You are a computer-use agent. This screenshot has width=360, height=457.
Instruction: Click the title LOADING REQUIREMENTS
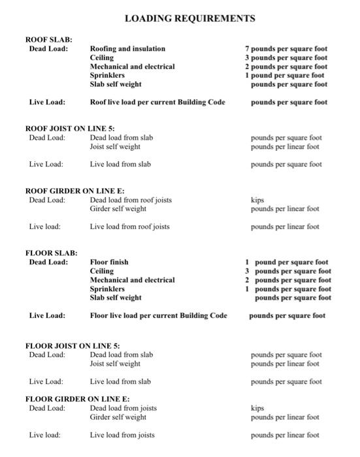pos(189,18)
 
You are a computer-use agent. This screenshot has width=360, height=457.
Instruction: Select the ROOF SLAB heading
pos(48,40)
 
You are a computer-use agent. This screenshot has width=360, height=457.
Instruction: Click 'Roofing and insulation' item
pos(127,49)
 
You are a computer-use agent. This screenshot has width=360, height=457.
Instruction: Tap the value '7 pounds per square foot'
pos(286,49)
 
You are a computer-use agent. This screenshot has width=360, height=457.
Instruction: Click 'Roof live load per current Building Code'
pos(157,102)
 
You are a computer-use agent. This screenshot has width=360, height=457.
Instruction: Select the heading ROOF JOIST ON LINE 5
pos(70,129)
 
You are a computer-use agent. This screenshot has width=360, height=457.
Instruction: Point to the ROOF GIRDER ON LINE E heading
pos(74,191)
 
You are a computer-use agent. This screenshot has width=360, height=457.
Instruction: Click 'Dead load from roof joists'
pos(131,200)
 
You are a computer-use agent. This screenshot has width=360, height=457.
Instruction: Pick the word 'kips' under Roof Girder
pos(257,200)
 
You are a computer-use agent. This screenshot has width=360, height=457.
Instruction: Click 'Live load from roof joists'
pos(130,227)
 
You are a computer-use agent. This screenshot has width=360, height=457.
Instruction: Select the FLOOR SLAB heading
pos(51,253)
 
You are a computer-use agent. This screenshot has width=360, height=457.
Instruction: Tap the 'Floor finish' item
pos(109,262)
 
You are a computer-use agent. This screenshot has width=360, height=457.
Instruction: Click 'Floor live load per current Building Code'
pos(159,316)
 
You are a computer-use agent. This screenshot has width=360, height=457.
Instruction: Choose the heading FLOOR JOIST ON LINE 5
pos(73,345)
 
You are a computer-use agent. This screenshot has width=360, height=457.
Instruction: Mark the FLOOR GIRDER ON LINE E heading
pos(77,399)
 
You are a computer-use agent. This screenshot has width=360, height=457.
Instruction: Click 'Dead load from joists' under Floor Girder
pos(123,408)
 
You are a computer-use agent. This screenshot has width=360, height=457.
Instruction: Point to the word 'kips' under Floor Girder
pos(257,408)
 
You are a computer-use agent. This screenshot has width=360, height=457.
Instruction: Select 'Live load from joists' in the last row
pos(123,435)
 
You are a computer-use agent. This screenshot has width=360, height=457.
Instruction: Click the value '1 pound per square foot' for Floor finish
pos(286,262)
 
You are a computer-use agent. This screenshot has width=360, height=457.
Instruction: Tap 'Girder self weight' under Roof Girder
pos(118,209)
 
